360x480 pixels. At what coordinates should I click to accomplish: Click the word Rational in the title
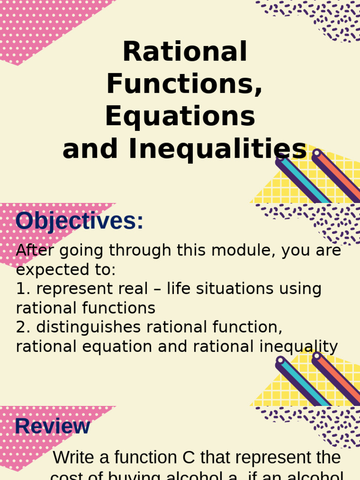(x=184, y=52)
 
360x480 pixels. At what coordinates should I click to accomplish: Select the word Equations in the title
(x=180, y=116)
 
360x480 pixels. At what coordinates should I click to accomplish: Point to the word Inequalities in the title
(x=217, y=149)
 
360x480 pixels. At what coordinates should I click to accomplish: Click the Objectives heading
(x=79, y=221)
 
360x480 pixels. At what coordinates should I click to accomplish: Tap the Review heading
(x=52, y=427)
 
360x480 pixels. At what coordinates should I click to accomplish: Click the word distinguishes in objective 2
(x=89, y=327)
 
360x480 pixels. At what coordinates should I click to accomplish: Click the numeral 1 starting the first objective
(x=20, y=289)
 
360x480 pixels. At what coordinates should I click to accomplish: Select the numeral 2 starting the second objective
(x=21, y=327)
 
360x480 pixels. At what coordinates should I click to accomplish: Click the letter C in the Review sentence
(x=190, y=458)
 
